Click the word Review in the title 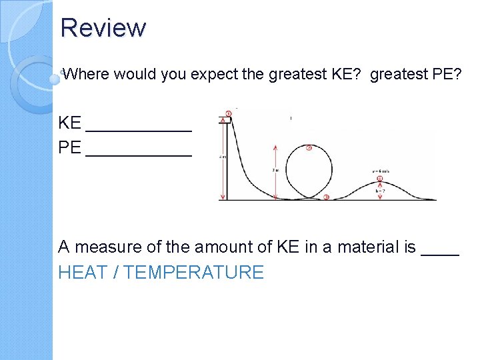pos(103,28)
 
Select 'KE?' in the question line pos(347,75)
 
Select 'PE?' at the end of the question pos(447,75)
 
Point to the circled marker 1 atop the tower pos(229,113)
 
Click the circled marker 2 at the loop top pos(309,147)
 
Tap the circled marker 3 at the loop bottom pos(326,197)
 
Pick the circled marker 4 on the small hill pos(379,179)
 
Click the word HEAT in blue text pos(82,273)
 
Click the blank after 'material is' pos(441,252)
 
